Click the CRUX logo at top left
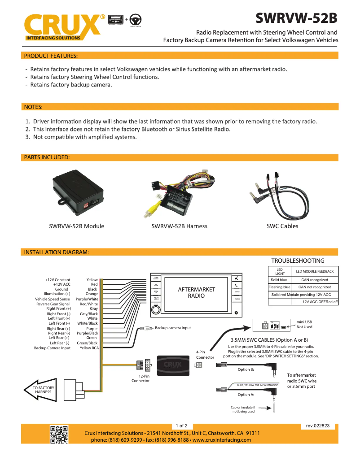pos(63,26)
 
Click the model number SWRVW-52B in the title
pos(296,18)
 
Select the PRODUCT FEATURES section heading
pos(51,56)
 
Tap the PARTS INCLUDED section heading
pos(47,157)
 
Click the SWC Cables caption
pos(282,226)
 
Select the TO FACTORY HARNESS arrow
pos(43,390)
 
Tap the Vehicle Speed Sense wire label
pos(53,299)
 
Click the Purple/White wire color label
pos(87,299)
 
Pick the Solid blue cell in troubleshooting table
pos(279,280)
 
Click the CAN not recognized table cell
pos(315,287)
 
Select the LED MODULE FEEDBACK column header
pos(315,271)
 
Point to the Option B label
pos(246,369)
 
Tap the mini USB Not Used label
pos(304,324)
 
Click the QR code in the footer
pos(59,435)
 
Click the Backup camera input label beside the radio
pos(173,328)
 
